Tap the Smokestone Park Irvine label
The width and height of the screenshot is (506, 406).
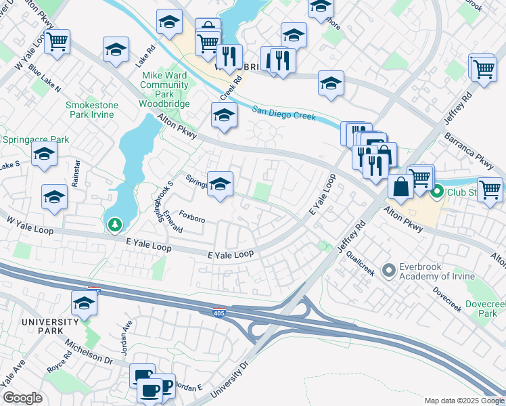pos(91,110)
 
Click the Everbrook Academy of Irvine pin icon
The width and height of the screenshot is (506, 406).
pos(388,271)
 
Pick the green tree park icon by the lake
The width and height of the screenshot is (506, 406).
pos(115,223)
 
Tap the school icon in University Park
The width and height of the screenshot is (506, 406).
pos(84,303)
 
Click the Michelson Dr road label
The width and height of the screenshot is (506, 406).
pos(88,354)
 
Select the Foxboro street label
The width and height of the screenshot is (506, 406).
pos(191,220)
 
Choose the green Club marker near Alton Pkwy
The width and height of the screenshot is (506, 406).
pos(437,192)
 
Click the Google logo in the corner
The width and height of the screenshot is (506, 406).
pos(22,398)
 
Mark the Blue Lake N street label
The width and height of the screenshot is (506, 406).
pos(45,80)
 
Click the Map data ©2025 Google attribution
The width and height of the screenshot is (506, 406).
pos(463,400)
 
